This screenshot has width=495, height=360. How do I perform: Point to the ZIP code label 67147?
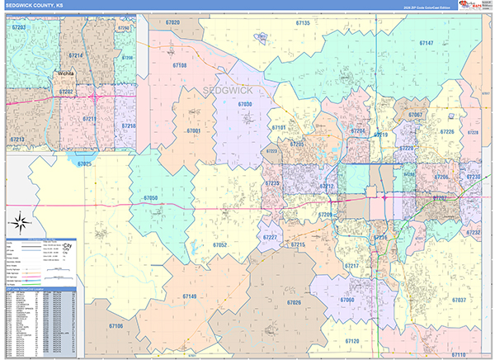pyautogui.click(x=426, y=42)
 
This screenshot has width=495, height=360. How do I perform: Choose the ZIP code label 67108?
pyautogui.click(x=179, y=65)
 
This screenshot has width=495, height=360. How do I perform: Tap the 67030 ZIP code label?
pyautogui.click(x=245, y=105)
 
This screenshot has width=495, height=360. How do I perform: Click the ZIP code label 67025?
pyautogui.click(x=85, y=164)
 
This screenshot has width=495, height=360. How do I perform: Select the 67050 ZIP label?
pyautogui.click(x=150, y=198)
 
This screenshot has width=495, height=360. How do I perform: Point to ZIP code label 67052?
pyautogui.click(x=219, y=244)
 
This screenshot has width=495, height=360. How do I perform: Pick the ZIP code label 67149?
pyautogui.click(x=189, y=296)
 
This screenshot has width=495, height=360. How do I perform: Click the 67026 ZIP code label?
pyautogui.click(x=295, y=303)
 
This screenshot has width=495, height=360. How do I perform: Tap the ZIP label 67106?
pyautogui.click(x=115, y=326)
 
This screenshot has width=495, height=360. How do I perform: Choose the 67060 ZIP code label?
pyautogui.click(x=346, y=299)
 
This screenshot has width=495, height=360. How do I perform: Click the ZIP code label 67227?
pyautogui.click(x=270, y=238)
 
